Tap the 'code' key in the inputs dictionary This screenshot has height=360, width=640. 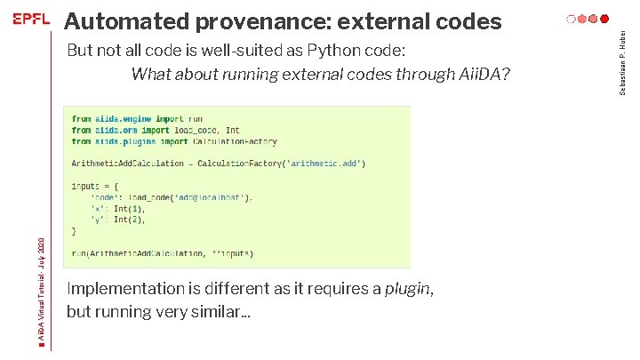(105, 197)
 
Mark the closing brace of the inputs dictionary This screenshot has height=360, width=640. (75, 230)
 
